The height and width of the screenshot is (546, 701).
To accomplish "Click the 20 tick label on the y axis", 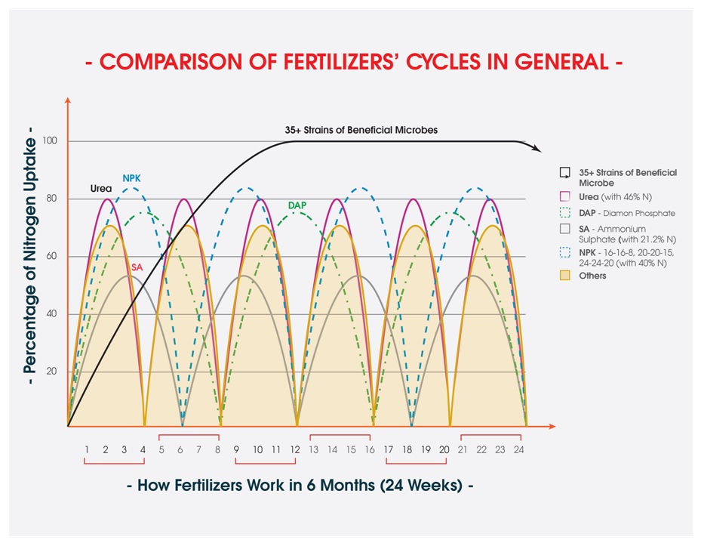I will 52,372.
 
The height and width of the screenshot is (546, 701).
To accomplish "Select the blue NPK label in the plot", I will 131,178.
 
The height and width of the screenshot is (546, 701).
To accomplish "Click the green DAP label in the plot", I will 297,205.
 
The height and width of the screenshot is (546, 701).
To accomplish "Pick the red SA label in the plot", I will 137,267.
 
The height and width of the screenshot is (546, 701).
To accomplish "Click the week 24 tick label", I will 519,449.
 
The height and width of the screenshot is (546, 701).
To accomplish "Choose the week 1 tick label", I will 87,449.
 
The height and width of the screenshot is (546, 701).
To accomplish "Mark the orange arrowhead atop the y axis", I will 68,100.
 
